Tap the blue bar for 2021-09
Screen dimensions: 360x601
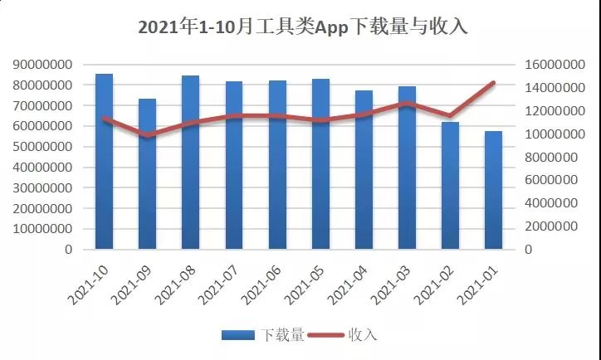click(148, 174)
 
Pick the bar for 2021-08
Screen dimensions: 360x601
click(191, 163)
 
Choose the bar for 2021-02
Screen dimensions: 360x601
click(450, 186)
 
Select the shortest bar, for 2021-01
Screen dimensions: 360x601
click(493, 190)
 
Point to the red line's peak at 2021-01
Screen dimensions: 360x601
click(493, 83)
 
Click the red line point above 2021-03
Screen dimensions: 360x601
click(407, 104)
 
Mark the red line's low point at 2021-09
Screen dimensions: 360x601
click(148, 135)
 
